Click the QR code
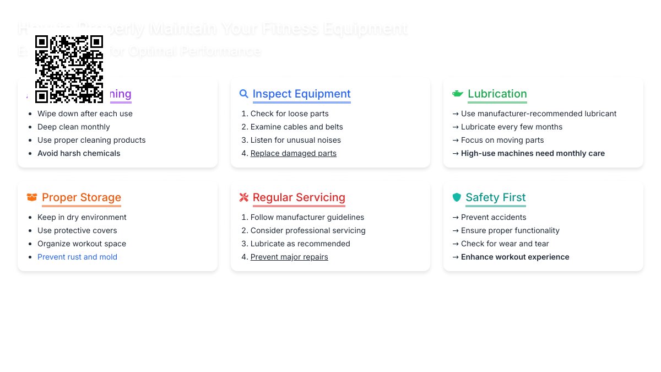tap(69, 69)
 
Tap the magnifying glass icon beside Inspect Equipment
tap(244, 94)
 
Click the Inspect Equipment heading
tap(301, 94)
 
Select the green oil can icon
tap(457, 94)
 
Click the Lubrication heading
tap(497, 94)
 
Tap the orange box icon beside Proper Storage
tap(32, 197)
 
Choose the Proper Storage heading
tap(82, 197)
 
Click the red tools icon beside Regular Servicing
tap(244, 197)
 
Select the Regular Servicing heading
tap(299, 197)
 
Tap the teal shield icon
tap(456, 197)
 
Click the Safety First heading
tap(495, 197)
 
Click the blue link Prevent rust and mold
tap(77, 257)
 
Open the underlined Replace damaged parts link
tap(293, 153)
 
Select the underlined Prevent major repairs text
tap(289, 257)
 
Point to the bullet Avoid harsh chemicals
tap(79, 153)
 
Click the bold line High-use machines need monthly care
tap(533, 153)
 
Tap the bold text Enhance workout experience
tap(515, 257)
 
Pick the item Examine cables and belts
tap(296, 127)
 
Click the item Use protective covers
tap(77, 230)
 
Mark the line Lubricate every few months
tap(512, 127)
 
